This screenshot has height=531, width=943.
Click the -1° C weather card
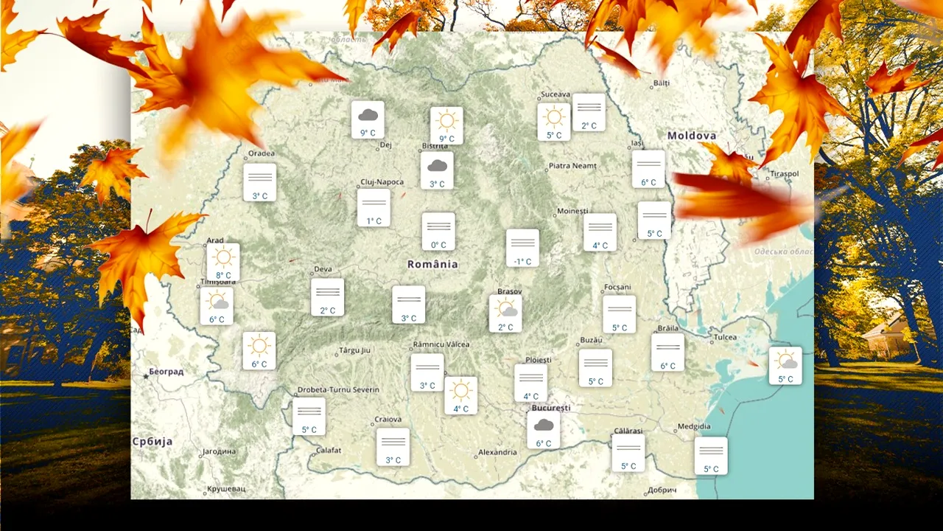[522, 248]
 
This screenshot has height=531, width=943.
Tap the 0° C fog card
[438, 232]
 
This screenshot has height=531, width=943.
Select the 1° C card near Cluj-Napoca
[374, 207]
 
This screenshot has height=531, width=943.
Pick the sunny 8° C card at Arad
[223, 262]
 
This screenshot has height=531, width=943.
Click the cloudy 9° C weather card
[368, 119]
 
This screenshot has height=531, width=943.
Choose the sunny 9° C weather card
[446, 125]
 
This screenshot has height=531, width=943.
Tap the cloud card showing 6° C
[544, 430]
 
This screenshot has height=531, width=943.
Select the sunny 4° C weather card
[460, 395]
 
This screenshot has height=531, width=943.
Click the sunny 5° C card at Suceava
[554, 122]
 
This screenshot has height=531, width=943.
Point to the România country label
[432, 264]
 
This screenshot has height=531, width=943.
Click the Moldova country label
[692, 136]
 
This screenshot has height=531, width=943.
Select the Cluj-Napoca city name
[382, 181]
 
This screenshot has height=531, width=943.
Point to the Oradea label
[262, 153]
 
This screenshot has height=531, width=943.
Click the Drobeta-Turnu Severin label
[338, 389]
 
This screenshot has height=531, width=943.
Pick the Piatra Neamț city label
[572, 166]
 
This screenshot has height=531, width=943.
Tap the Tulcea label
[725, 337]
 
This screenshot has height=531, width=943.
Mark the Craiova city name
[388, 419]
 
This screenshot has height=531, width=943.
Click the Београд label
[166, 371]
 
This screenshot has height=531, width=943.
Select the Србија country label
[153, 441]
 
